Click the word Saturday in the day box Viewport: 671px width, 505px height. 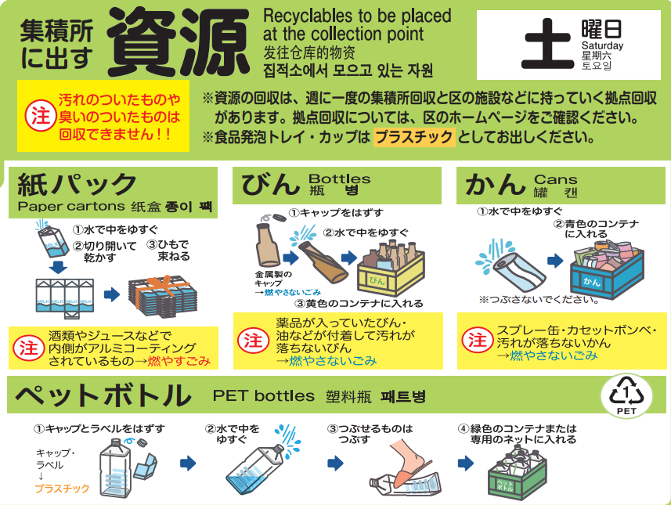click(602, 45)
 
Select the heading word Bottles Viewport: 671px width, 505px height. click(339, 179)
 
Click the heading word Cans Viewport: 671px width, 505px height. click(555, 179)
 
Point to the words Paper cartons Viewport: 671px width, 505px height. click(71, 206)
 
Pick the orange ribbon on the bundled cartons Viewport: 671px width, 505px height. click(162, 290)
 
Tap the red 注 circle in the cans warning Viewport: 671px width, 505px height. click(477, 341)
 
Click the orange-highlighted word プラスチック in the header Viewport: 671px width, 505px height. click(414, 137)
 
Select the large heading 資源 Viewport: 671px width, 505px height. click(178, 42)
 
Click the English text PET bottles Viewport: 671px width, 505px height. click(264, 396)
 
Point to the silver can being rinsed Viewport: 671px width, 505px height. click(518, 272)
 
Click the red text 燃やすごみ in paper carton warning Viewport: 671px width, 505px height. click(179, 361)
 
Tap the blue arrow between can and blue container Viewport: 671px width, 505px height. click(555, 260)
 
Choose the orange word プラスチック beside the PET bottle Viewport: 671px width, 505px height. click(63, 489)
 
